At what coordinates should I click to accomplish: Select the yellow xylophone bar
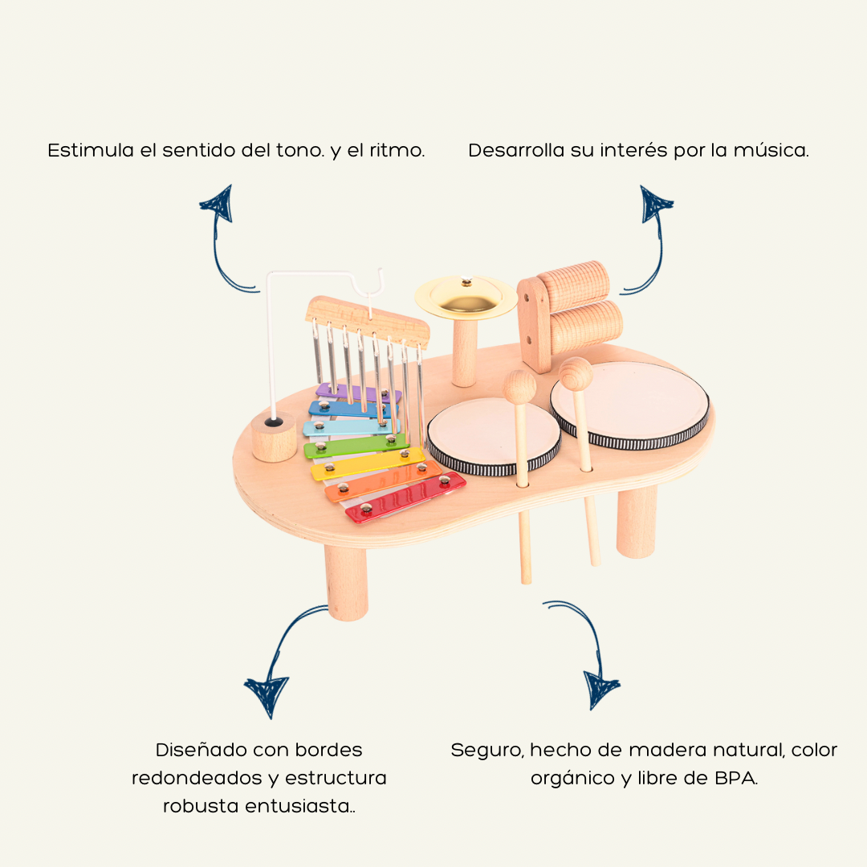[x=369, y=463]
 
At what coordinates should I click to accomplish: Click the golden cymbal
[x=466, y=296]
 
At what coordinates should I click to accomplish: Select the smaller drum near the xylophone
[x=491, y=433]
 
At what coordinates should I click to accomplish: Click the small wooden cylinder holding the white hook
[x=274, y=438]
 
